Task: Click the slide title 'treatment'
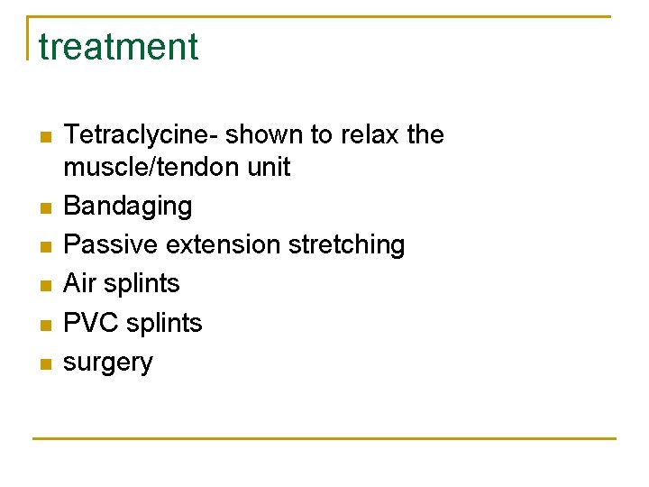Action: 118,47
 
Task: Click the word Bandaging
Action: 128,207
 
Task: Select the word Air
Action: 78,284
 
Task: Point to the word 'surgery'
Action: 108,363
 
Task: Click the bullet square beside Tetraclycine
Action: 42,137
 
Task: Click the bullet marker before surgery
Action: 42,363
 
